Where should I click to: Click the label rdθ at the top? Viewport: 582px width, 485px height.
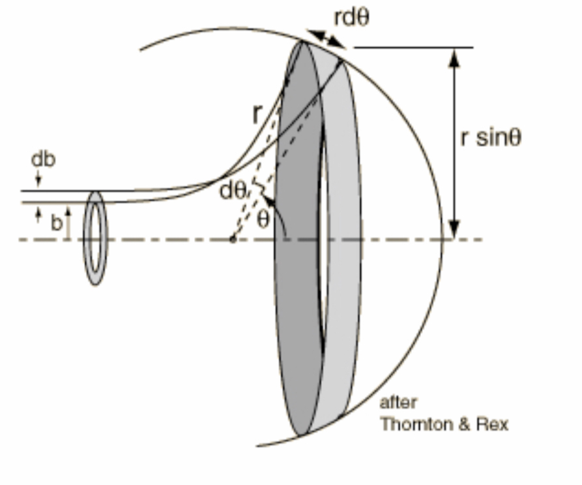[x=351, y=18]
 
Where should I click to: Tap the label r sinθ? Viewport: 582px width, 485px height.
[x=491, y=138]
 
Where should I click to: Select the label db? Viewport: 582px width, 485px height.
[x=44, y=159]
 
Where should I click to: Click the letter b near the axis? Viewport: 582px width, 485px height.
[x=56, y=223]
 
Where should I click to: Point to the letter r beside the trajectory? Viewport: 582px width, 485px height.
[x=257, y=114]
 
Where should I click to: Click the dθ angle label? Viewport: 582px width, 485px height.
[x=233, y=191]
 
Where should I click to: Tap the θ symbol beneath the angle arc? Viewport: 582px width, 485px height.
[x=263, y=220]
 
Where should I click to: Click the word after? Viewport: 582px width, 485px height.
[x=398, y=403]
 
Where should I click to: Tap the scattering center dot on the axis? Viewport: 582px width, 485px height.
[x=233, y=240]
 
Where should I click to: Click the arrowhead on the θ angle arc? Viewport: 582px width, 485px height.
[x=269, y=201]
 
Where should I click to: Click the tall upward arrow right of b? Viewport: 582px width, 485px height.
[x=68, y=223]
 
